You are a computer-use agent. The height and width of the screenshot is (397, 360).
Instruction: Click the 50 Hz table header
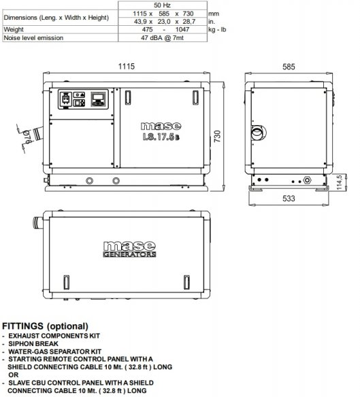click(x=162, y=5)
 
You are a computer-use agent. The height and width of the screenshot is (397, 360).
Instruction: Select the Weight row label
click(x=14, y=30)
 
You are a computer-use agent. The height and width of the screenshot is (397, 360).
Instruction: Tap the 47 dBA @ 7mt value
click(x=162, y=38)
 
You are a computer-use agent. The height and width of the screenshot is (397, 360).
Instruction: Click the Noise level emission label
click(x=33, y=38)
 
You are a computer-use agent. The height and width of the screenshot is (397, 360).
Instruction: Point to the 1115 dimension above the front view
click(x=127, y=67)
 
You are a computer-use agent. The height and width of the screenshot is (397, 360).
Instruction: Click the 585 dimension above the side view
click(x=289, y=67)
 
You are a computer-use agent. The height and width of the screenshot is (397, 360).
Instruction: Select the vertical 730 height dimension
click(x=218, y=136)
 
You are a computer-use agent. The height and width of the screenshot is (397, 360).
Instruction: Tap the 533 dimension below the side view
click(x=289, y=198)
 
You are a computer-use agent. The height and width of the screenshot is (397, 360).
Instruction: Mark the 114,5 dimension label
click(x=339, y=182)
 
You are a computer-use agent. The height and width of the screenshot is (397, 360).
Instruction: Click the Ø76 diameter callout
click(x=27, y=137)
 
